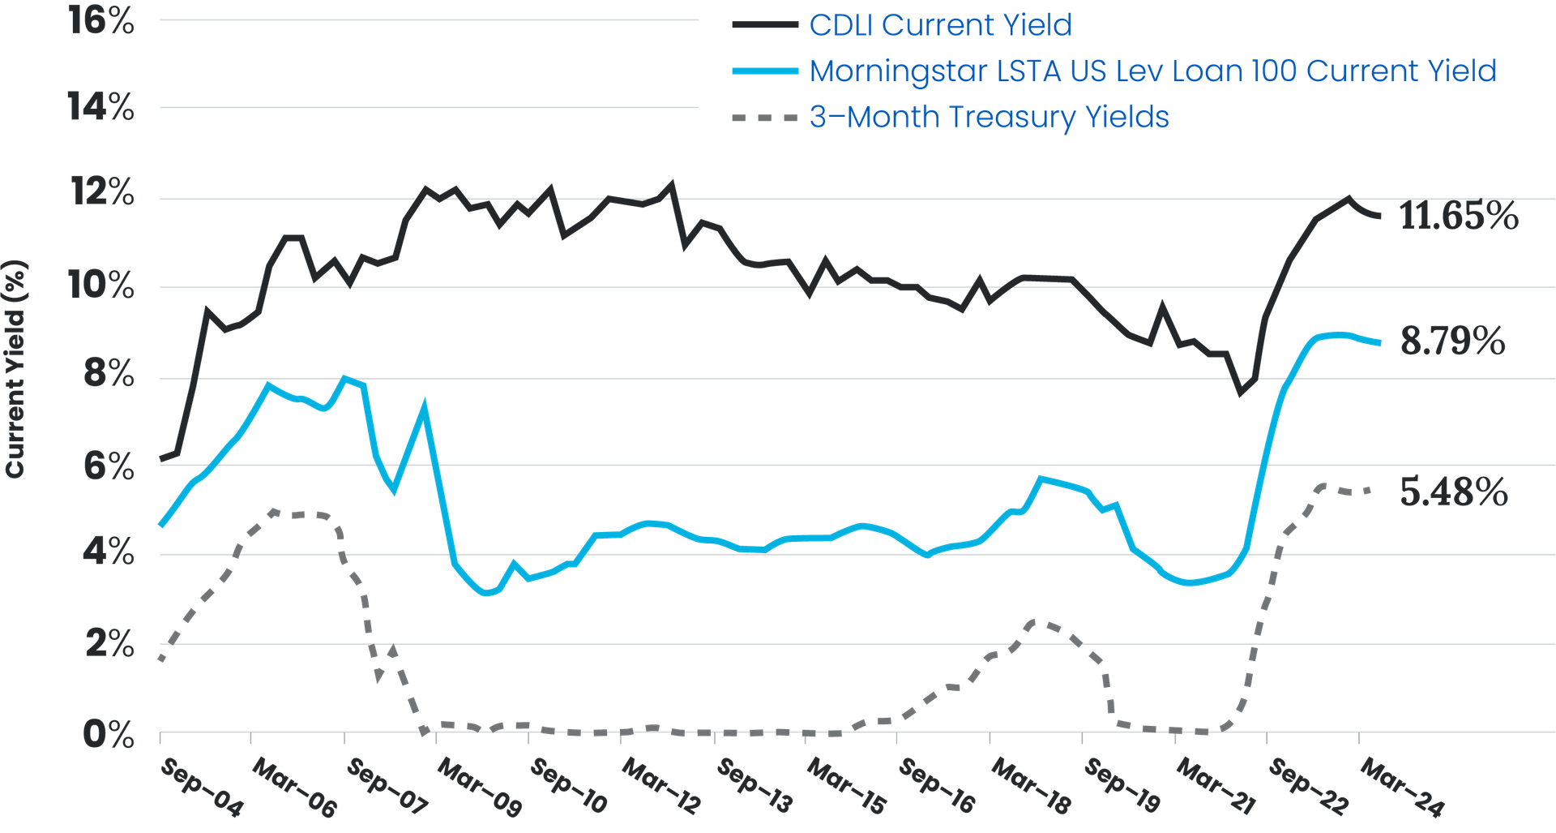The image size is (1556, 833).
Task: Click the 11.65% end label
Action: click(x=1459, y=217)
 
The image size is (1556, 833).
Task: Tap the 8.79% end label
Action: click(x=1452, y=341)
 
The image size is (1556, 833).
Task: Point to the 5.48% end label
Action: click(x=1454, y=492)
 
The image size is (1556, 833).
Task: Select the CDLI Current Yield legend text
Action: click(x=940, y=25)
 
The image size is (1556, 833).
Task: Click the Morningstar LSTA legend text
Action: click(x=1152, y=71)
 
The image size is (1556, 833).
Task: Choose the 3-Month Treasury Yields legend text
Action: click(x=989, y=118)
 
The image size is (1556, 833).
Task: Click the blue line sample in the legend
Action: click(x=763, y=71)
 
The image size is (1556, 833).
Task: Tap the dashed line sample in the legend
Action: click(x=763, y=118)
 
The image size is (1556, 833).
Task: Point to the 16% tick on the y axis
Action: click(x=101, y=20)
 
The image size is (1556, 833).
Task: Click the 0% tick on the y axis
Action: click(x=107, y=734)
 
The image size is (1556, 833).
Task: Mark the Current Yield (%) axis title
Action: click(x=16, y=369)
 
